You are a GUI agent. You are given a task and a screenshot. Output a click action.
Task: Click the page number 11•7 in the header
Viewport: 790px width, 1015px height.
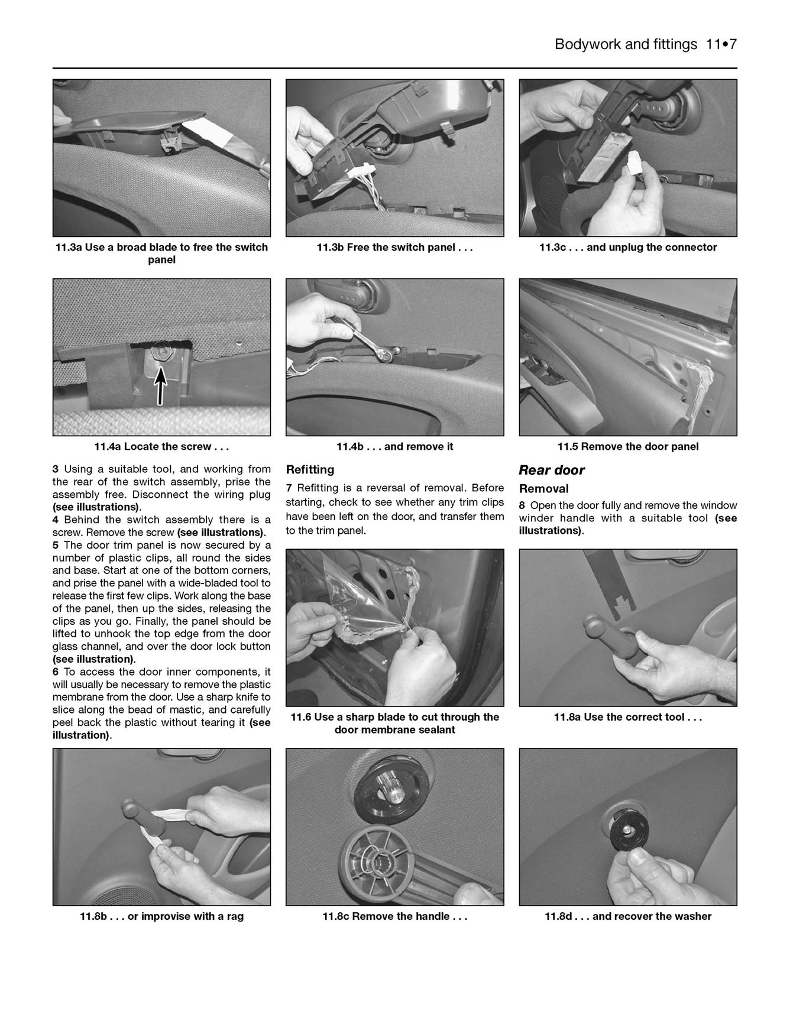click(x=721, y=44)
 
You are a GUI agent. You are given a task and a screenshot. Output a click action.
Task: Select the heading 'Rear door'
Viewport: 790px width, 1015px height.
click(x=551, y=471)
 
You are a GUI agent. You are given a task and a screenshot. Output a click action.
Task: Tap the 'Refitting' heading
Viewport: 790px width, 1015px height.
click(x=310, y=470)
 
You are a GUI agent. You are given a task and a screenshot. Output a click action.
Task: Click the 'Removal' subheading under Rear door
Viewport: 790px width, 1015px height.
click(x=543, y=489)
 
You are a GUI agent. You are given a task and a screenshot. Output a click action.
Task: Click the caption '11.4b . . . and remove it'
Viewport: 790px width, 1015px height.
click(x=394, y=447)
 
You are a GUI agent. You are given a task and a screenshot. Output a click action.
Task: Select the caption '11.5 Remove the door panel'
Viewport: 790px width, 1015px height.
click(x=627, y=447)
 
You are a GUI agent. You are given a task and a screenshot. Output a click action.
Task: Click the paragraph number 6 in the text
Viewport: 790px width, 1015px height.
click(x=56, y=672)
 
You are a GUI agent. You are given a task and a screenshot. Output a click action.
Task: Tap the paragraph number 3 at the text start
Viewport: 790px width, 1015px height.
click(x=56, y=469)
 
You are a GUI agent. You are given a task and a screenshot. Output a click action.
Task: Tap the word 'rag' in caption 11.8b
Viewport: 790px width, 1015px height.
click(x=234, y=917)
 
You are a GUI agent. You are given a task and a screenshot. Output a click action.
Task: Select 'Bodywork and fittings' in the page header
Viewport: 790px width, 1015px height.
click(x=626, y=44)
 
